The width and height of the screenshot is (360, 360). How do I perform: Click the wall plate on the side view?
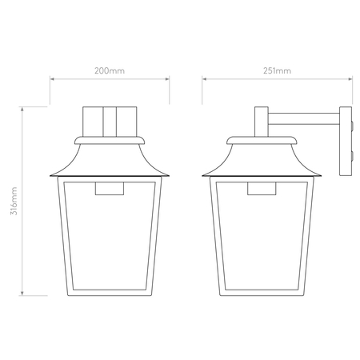pyautogui.click(x=346, y=139)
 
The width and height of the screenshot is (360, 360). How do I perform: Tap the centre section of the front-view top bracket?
pyautogui.click(x=110, y=121)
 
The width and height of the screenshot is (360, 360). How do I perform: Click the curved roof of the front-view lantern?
pyautogui.click(x=110, y=156)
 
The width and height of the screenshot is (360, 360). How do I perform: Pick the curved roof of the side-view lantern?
pyautogui.click(x=261, y=156)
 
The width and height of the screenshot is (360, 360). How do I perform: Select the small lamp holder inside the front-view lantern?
pyautogui.click(x=110, y=189)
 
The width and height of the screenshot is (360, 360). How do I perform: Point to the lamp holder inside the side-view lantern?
pyautogui.click(x=261, y=189)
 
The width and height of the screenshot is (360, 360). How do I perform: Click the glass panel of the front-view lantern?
pyautogui.click(x=110, y=240)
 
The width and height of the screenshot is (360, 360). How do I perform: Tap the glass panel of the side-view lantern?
pyautogui.click(x=261, y=240)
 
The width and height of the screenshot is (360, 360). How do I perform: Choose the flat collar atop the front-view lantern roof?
pyautogui.click(x=110, y=139)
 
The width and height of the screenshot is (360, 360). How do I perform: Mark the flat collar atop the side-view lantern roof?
pyautogui.click(x=261, y=139)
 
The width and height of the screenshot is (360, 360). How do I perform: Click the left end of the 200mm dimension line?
pyautogui.click(x=51, y=78)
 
